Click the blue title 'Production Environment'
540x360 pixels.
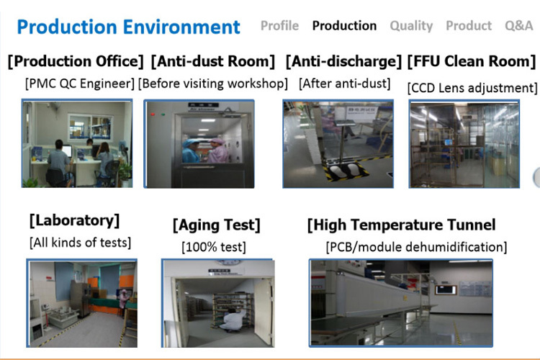pos(128,27)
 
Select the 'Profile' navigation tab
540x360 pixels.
pos(279,25)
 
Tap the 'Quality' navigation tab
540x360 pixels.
pos(411,26)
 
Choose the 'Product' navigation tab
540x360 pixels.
pos(469,25)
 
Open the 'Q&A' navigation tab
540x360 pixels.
pos(518,25)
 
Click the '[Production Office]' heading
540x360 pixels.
pos(76,61)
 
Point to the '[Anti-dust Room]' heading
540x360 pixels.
pos(213,61)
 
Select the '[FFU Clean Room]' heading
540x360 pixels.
pos(472,61)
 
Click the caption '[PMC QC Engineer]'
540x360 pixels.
pos(79,84)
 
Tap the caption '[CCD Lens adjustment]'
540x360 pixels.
pos(472,88)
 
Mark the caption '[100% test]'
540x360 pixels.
pos(214,247)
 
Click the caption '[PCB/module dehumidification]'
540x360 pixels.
pos(416,247)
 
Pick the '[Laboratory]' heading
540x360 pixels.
pos(74,220)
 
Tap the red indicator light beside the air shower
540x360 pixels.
pos(153,114)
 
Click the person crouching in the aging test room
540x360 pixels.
pos(233,320)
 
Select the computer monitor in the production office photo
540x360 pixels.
pos(66,151)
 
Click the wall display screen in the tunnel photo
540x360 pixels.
pos(446,289)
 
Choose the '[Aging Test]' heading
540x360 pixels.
pos(216,225)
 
